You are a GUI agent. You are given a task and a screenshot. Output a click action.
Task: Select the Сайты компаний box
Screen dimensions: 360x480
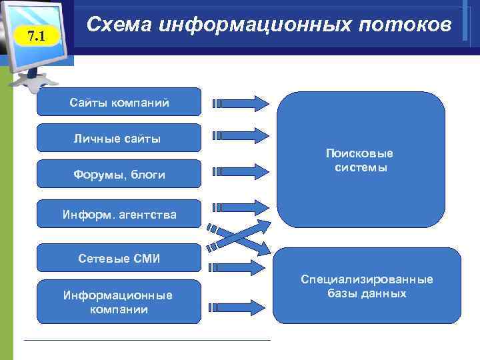point(119,102)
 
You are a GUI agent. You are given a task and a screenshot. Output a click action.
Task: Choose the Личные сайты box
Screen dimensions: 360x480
point(119,138)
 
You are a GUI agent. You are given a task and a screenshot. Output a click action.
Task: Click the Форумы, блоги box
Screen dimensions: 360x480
point(119,174)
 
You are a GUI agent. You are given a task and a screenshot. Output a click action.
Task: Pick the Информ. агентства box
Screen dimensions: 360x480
point(119,214)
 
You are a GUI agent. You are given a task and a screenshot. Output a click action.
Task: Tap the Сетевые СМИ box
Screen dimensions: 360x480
point(119,258)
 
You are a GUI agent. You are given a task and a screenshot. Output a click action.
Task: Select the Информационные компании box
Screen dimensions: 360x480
point(119,301)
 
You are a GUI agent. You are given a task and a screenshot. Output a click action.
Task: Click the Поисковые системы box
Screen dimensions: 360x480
point(361,161)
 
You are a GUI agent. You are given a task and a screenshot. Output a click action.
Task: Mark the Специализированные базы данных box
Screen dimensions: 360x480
point(367,285)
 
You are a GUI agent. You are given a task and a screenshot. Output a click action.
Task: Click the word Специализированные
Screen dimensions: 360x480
point(367,279)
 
